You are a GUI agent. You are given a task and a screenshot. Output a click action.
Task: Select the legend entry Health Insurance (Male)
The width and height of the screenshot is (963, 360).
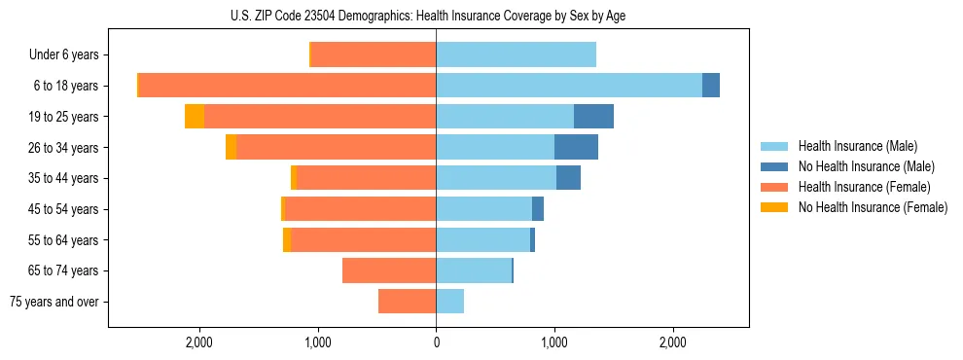(x=857, y=146)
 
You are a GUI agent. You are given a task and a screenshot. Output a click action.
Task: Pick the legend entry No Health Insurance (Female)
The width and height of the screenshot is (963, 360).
(x=872, y=207)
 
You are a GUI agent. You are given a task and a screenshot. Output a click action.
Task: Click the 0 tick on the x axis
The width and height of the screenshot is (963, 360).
(x=436, y=343)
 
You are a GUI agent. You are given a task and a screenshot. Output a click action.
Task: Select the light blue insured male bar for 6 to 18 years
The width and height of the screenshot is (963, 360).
(x=569, y=86)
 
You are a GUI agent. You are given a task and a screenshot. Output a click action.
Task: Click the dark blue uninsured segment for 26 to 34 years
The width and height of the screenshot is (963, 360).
(x=576, y=147)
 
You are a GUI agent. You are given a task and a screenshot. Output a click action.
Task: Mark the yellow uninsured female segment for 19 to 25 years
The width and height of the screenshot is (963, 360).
(x=195, y=117)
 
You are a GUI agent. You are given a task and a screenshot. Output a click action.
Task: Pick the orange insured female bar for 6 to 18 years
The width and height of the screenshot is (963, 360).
(x=287, y=86)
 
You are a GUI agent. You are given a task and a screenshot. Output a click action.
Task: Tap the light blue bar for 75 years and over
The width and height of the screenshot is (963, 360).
(x=449, y=302)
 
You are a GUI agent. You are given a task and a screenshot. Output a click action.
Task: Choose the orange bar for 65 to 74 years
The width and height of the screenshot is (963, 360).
(x=389, y=270)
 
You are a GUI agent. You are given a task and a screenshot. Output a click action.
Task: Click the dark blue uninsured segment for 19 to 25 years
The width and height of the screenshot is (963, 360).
(x=593, y=117)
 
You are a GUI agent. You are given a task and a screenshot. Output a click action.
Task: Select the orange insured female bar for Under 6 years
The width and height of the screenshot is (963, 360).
(x=374, y=55)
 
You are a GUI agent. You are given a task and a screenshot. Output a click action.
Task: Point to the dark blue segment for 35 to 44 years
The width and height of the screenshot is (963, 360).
(x=568, y=178)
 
